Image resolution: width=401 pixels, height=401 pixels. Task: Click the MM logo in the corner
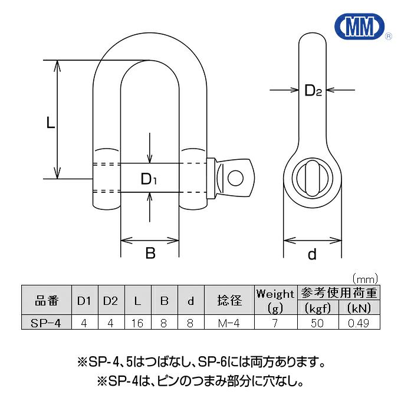(359, 26)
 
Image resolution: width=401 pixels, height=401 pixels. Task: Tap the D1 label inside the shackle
(149, 179)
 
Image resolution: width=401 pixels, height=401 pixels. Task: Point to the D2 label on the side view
(313, 91)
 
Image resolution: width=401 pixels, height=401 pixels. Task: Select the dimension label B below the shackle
(150, 254)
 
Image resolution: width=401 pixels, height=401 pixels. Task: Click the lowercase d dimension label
(313, 255)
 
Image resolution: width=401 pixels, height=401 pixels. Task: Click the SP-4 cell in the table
(46, 323)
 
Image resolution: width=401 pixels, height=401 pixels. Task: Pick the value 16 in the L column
(137, 323)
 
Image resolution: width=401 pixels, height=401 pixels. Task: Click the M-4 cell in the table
(229, 323)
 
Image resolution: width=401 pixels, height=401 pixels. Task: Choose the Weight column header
(275, 293)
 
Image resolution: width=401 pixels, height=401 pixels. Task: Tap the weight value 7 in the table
(275, 323)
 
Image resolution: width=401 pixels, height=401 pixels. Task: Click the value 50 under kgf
(319, 323)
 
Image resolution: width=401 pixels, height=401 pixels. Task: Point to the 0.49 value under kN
(359, 323)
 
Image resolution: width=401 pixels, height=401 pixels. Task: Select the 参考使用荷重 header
(340, 293)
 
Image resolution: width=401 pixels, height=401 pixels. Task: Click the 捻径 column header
(229, 301)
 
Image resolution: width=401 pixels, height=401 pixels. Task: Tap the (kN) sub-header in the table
(359, 308)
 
